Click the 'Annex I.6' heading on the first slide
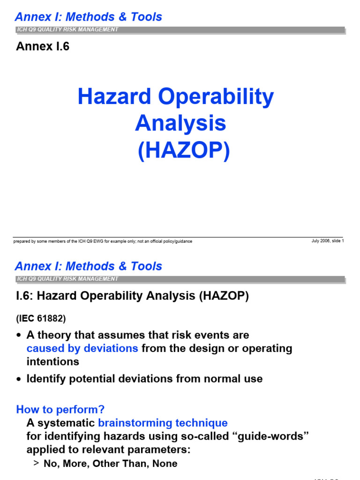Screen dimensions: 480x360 (43, 47)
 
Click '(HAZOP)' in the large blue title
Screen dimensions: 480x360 (184, 151)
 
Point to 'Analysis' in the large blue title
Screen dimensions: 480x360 (180, 124)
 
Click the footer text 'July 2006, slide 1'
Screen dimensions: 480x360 (328, 241)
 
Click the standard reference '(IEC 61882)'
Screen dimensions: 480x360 (41, 319)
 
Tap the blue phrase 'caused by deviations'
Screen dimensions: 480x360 (82, 349)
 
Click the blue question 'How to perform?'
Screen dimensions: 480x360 (60, 409)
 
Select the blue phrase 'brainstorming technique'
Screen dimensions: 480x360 (163, 423)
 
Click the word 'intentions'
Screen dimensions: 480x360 (53, 362)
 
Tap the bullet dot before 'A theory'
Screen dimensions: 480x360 (19, 336)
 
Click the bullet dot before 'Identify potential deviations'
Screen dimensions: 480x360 (19, 379)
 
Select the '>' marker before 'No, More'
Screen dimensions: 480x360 (37, 464)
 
